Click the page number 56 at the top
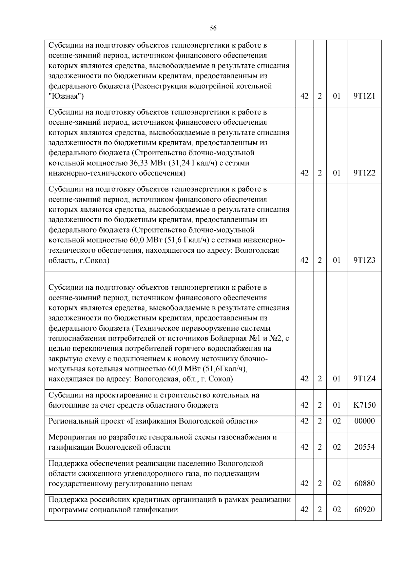(213, 28)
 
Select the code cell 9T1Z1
(365, 96)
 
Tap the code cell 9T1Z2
(365, 173)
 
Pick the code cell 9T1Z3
(365, 260)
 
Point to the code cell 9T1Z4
(365, 379)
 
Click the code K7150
(365, 405)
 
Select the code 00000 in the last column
(365, 421)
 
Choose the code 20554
(365, 447)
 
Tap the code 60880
(365, 484)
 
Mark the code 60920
(365, 510)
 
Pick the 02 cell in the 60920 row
(336, 510)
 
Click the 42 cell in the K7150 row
(305, 405)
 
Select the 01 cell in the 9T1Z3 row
(336, 260)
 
